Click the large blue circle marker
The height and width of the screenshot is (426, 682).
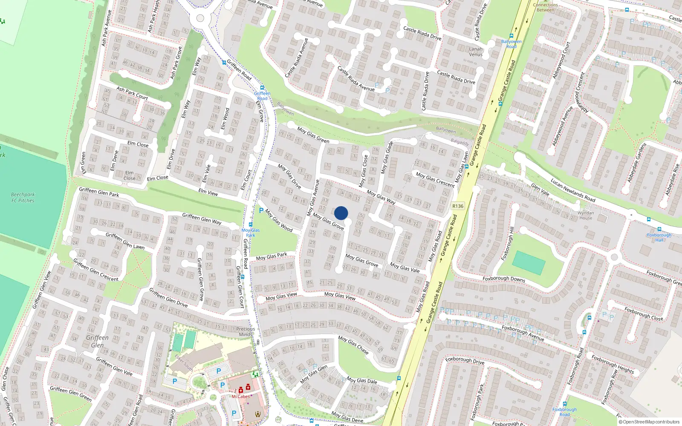click(x=341, y=213)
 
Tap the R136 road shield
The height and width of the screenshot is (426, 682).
click(x=458, y=206)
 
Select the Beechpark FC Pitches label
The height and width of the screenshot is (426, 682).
click(x=23, y=197)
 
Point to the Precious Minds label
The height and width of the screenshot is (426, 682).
click(x=246, y=331)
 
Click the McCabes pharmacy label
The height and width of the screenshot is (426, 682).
click(x=240, y=396)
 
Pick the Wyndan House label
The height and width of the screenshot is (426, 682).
click(x=586, y=215)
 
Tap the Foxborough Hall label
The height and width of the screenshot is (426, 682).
click(x=659, y=237)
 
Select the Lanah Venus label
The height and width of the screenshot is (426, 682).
click(x=476, y=52)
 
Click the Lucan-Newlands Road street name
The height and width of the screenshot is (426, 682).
click(x=572, y=190)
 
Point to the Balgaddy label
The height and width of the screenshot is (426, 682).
click(x=459, y=142)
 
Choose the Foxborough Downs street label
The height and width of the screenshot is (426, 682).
click(x=503, y=279)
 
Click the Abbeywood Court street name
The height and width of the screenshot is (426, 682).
click(x=561, y=60)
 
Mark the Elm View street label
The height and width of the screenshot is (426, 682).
click(x=208, y=192)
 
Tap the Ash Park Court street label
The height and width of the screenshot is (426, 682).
click(x=132, y=93)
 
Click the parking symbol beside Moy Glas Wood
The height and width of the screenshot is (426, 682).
click(x=261, y=210)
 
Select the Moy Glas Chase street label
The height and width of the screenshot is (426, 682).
click(x=353, y=345)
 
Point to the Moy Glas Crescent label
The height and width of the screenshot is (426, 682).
click(x=435, y=179)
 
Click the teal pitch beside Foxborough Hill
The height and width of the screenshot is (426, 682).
click(x=529, y=263)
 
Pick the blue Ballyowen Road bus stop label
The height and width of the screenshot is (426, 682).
click(x=511, y=44)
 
